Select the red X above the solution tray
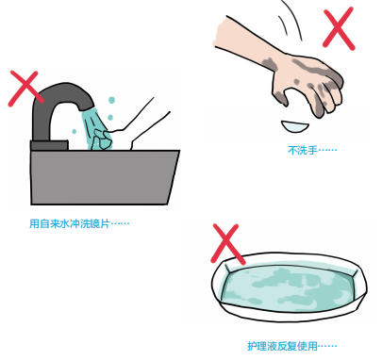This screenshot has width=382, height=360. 227,242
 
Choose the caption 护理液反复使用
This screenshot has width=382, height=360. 291,346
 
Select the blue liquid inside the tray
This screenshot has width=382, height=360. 288,289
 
